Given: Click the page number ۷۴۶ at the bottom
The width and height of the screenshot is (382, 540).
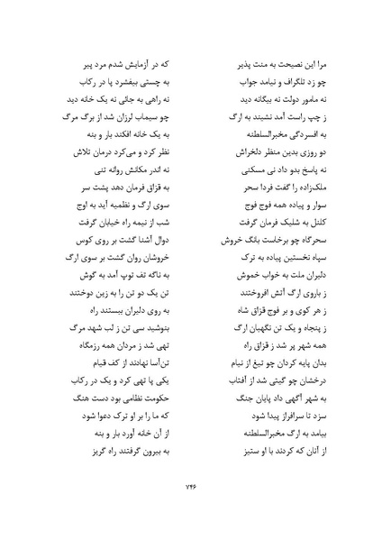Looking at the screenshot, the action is [190, 488].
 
